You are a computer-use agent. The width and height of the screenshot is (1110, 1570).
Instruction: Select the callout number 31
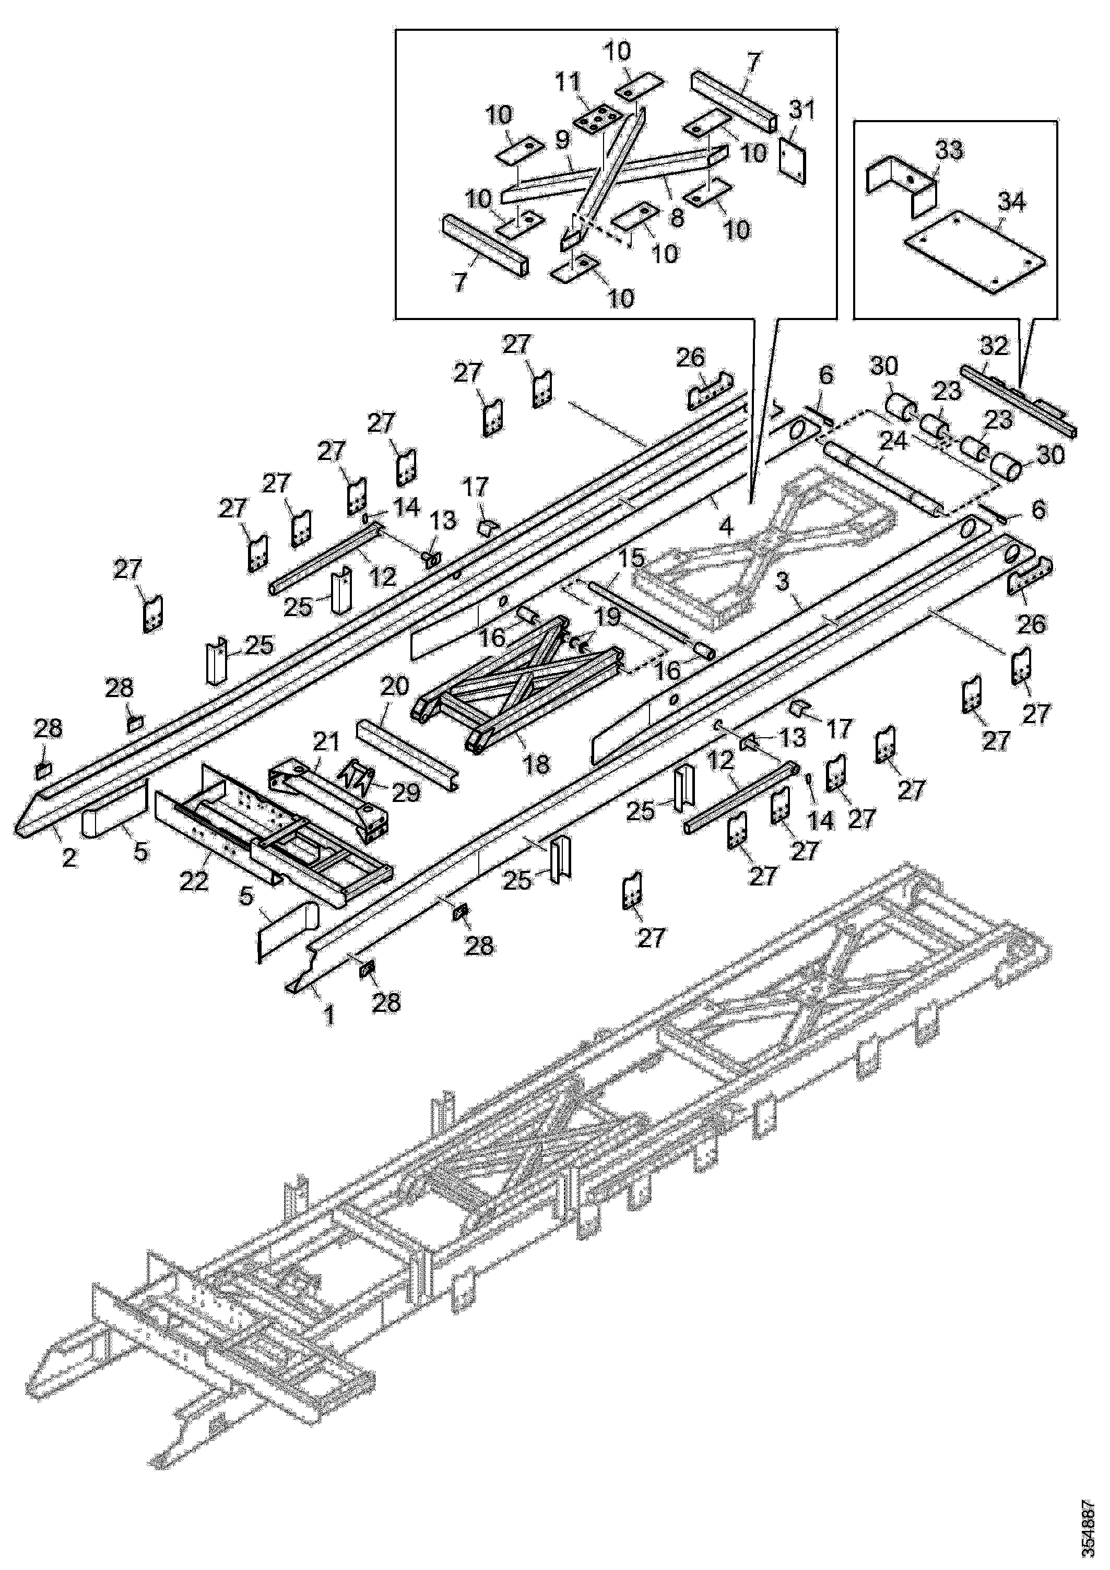[x=801, y=110]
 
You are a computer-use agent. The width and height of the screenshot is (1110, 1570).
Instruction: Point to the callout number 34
[x=1011, y=203]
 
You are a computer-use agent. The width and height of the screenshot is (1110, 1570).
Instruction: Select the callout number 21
[x=326, y=740]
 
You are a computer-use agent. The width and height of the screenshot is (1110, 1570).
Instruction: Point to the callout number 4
[x=725, y=525]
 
